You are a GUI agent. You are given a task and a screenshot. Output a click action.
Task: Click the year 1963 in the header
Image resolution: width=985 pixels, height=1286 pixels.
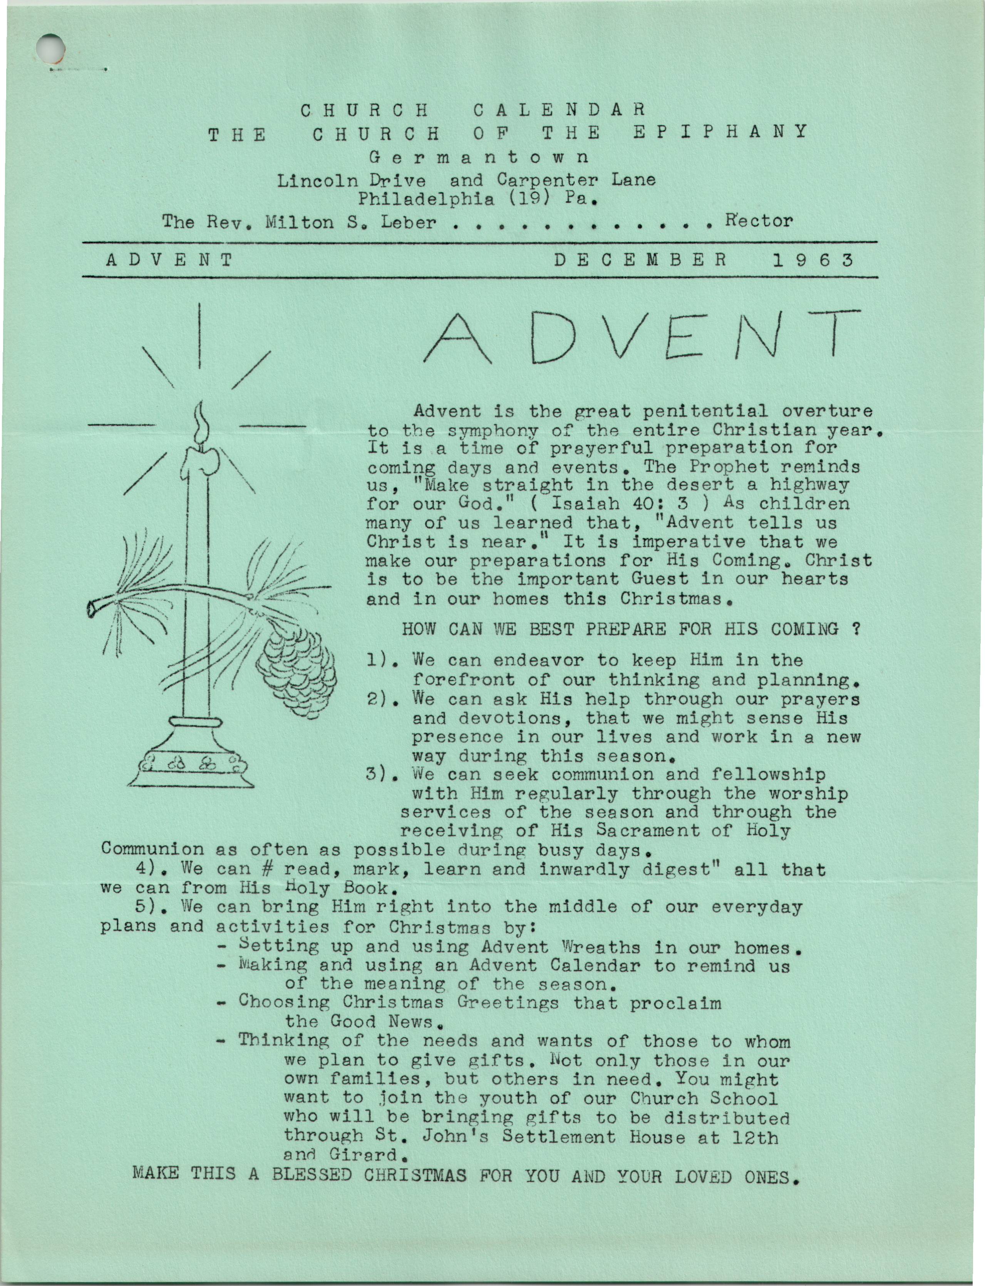(x=812, y=260)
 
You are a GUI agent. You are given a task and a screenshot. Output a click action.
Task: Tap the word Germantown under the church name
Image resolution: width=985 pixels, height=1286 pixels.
(x=479, y=157)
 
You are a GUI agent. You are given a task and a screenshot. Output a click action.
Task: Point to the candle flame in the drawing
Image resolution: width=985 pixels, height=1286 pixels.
(x=202, y=423)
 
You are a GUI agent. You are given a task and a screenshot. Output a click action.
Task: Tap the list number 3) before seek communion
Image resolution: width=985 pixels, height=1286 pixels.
(x=379, y=774)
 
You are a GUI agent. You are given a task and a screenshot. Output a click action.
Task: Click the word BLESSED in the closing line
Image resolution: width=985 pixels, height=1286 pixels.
(x=312, y=1175)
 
